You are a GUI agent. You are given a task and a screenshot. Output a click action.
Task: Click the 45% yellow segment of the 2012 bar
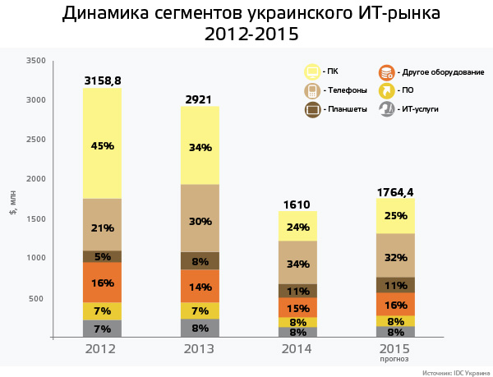(103, 145)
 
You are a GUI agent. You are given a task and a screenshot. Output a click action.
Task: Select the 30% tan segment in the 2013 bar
(200, 220)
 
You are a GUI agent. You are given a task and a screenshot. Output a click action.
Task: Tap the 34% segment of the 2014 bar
(298, 264)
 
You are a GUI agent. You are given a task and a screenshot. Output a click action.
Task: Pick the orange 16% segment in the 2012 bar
(103, 283)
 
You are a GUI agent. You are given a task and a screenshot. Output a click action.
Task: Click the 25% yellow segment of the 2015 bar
(395, 216)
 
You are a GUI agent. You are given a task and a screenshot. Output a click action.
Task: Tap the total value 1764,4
(395, 192)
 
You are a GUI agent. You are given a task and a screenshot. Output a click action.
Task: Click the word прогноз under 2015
(395, 359)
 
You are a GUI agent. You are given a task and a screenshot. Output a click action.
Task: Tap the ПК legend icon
(312, 71)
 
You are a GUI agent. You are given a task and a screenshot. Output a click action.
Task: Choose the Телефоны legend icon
(312, 90)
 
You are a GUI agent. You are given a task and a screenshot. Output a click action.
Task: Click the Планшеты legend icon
(312, 108)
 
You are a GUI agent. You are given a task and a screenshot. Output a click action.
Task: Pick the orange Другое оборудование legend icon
(386, 71)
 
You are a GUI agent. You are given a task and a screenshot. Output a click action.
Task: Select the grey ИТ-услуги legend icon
(386, 108)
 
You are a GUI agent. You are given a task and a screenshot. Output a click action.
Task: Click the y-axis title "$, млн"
(12, 200)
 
